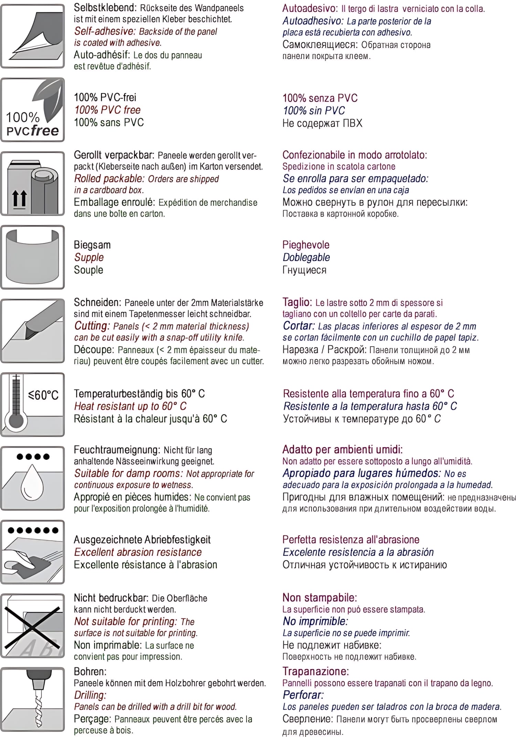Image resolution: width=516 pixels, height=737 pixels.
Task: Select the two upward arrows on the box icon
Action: [20, 199]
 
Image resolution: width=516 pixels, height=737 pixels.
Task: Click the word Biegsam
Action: [92, 245]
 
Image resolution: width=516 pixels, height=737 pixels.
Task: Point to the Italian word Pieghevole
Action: [306, 245]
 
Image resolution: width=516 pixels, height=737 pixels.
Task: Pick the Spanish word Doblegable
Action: [306, 257]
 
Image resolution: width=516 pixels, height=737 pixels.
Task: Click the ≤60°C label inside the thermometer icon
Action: [43, 395]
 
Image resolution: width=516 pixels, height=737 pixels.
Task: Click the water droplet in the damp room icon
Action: [32, 482]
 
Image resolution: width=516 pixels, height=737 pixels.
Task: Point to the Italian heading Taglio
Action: [297, 302]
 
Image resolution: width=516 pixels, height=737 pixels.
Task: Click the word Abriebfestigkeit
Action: [177, 540]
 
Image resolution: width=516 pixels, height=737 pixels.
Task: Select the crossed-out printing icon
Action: [33, 626]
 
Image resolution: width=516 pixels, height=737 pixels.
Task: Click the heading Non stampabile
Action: [320, 598]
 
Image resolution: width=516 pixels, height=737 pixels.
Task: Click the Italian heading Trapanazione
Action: [315, 671]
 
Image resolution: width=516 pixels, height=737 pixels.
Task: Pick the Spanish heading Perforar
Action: [303, 695]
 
